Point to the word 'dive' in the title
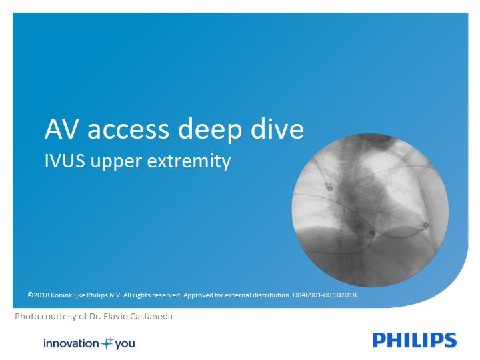tap(277, 128)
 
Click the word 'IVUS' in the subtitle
tap(65, 161)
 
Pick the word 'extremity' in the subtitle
tap(189, 161)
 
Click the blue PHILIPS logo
tap(415, 340)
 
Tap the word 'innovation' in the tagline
tap(71, 343)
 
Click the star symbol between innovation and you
tap(107, 343)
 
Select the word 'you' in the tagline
tap(125, 344)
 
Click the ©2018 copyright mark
tap(38, 295)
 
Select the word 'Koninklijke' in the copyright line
tap(68, 295)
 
